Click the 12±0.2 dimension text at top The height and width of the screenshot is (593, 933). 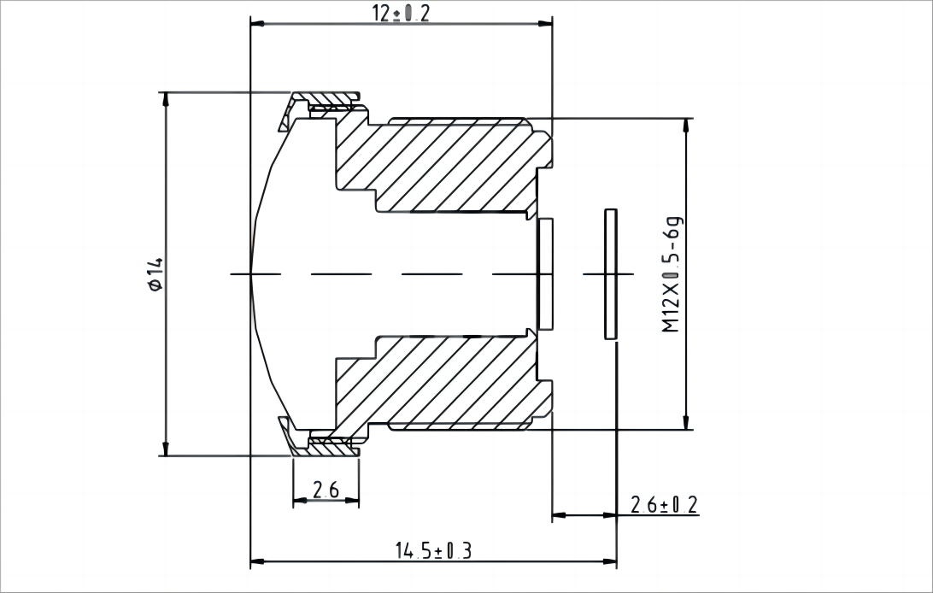pos(400,14)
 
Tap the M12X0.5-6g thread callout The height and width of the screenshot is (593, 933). pos(673,274)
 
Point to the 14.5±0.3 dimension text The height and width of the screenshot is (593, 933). pos(432,550)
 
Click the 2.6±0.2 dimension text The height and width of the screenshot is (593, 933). pos(664,504)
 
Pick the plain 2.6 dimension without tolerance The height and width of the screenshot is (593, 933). pos(326,490)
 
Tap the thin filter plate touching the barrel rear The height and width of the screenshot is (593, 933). pos(545,273)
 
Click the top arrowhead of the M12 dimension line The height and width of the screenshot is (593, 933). pos(684,125)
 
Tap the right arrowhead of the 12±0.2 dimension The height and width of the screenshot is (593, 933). pos(547,23)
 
